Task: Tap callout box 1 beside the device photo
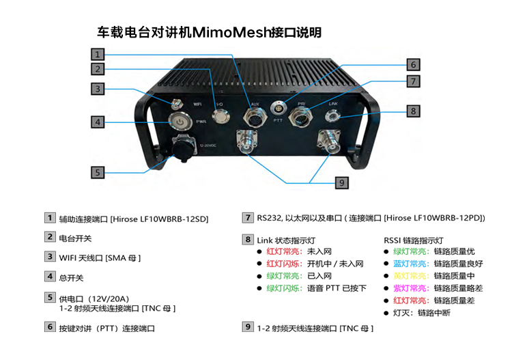(98, 54)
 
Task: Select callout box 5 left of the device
(98, 173)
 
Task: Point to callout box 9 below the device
(342, 182)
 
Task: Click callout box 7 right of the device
(413, 81)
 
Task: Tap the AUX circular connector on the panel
(254, 117)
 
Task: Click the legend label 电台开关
(75, 238)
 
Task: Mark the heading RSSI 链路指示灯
(414, 240)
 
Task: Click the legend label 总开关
(71, 278)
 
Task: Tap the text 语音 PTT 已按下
(337, 288)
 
